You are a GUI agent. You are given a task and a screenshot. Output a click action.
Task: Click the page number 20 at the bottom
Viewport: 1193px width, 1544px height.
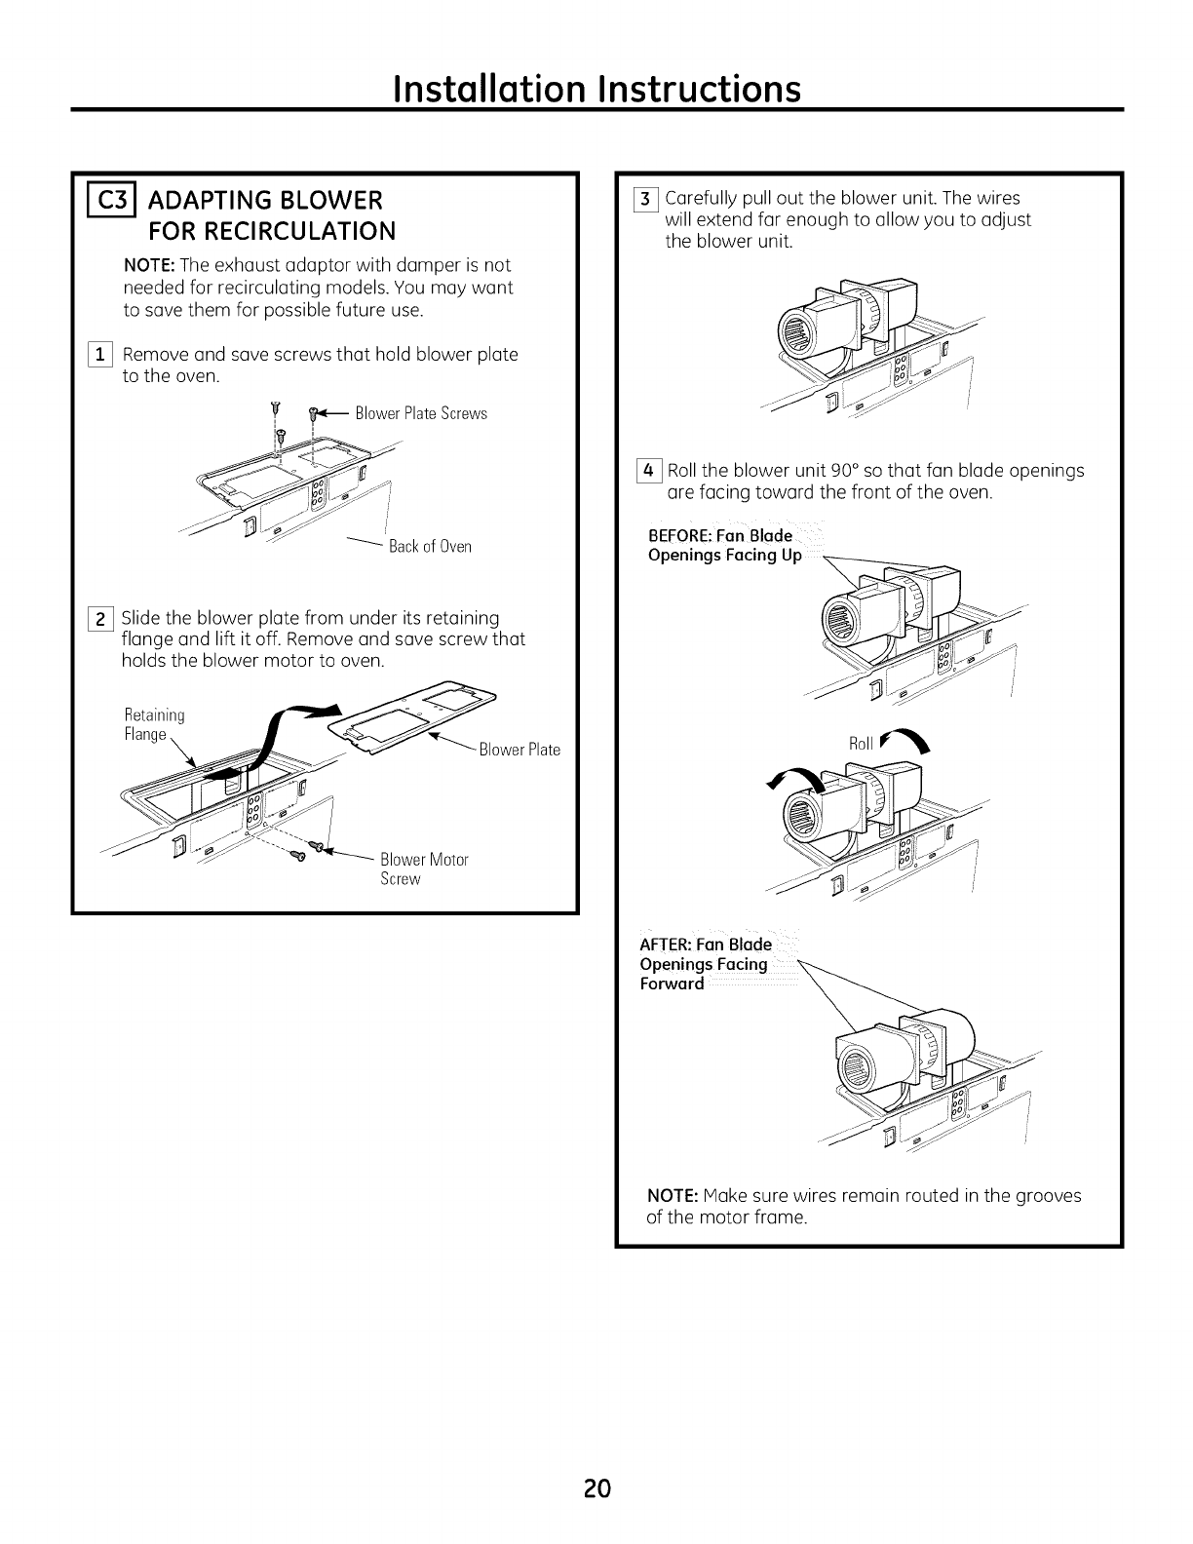[x=597, y=1488]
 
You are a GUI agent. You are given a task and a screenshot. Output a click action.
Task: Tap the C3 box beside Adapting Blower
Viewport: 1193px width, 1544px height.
[x=96, y=201]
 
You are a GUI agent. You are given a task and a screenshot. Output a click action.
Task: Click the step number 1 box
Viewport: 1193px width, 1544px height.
[x=102, y=355]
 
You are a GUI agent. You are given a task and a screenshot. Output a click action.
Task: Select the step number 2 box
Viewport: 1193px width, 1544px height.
[x=101, y=618]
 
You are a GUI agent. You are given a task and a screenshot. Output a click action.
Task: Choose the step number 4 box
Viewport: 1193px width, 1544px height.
[x=646, y=471]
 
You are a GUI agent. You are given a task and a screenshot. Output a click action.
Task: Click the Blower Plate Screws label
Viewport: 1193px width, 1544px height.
[x=421, y=413]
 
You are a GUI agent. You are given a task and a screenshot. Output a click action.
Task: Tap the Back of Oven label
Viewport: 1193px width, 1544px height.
[x=430, y=546]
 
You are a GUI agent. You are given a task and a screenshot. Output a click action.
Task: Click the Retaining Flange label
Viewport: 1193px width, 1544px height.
[x=154, y=724]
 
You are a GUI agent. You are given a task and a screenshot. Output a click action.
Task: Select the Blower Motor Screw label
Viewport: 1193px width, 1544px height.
[x=424, y=868]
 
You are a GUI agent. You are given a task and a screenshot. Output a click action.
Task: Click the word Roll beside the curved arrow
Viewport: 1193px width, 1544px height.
[x=861, y=744]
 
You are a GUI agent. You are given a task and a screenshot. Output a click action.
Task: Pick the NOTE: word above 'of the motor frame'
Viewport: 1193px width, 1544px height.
[x=672, y=1195]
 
